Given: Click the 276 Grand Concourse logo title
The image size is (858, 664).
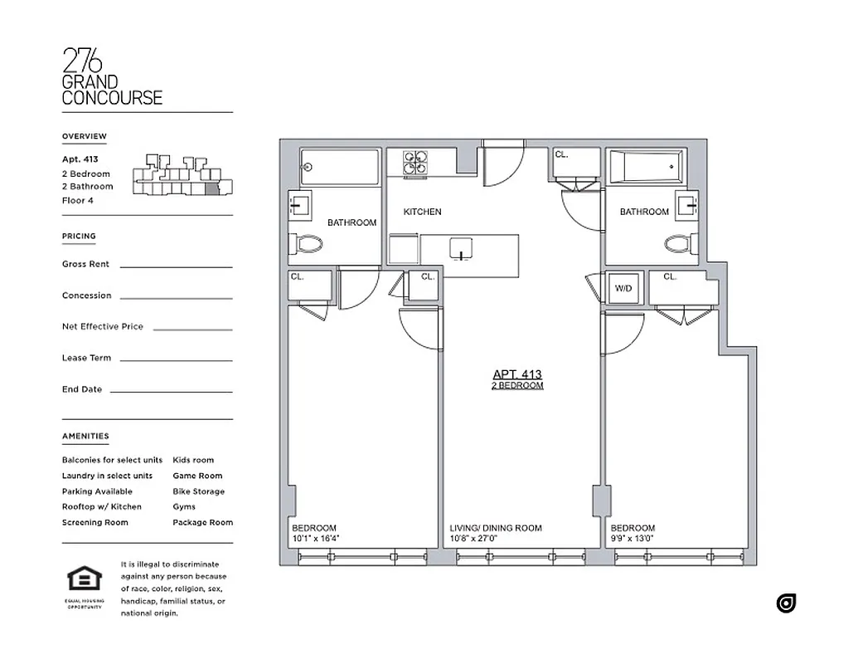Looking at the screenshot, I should [x=112, y=77].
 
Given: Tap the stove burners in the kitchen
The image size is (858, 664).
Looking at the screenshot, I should [x=415, y=163].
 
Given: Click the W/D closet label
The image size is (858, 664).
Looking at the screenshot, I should [x=623, y=289].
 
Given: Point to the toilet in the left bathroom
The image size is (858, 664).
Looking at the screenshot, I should [x=309, y=244].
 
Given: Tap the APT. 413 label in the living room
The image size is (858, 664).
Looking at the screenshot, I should [x=517, y=374].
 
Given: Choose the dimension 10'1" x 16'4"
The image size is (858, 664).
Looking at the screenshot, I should [x=316, y=539].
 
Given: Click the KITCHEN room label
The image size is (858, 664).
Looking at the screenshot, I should [x=422, y=212].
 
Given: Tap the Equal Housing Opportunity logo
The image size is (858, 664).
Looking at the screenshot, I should [x=85, y=585].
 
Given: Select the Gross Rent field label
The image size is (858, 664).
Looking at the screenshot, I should [x=85, y=264].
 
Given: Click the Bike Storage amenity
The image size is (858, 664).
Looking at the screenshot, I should [x=198, y=491].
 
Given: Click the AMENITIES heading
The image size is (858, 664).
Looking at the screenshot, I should [x=85, y=437].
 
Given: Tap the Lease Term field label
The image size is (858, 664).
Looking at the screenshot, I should [x=86, y=359].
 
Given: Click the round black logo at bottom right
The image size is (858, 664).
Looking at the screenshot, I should [x=786, y=603].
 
